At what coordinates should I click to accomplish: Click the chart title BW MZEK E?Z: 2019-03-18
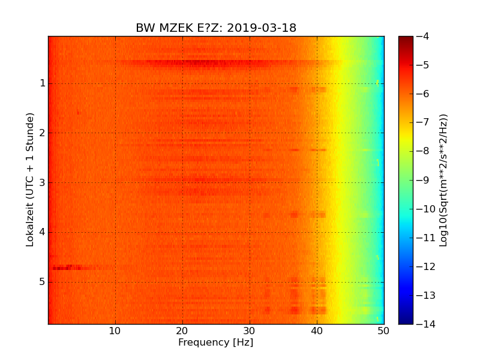pyautogui.click(x=216, y=28)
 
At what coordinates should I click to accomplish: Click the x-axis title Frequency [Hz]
pyautogui.click(x=215, y=343)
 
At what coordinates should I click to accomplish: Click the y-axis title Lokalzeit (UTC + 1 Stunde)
pyautogui.click(x=30, y=179)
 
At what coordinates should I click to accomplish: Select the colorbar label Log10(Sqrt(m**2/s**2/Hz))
pyautogui.click(x=443, y=180)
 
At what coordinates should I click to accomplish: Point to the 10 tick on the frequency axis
pyautogui.click(x=115, y=331)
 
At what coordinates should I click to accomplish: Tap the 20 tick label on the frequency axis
pyautogui.click(x=182, y=331)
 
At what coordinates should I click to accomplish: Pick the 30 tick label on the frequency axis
pyautogui.click(x=250, y=331)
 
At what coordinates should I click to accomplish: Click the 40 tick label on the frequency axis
pyautogui.click(x=317, y=331)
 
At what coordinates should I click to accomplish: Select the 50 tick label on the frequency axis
pyautogui.click(x=383, y=331)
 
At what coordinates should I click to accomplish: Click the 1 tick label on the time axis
pyautogui.click(x=43, y=83)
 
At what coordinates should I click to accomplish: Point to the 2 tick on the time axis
pyautogui.click(x=43, y=133)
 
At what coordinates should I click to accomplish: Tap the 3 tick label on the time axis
pyautogui.click(x=43, y=182)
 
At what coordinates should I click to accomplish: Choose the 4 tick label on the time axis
pyautogui.click(x=43, y=232)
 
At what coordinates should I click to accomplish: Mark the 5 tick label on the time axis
pyautogui.click(x=43, y=282)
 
